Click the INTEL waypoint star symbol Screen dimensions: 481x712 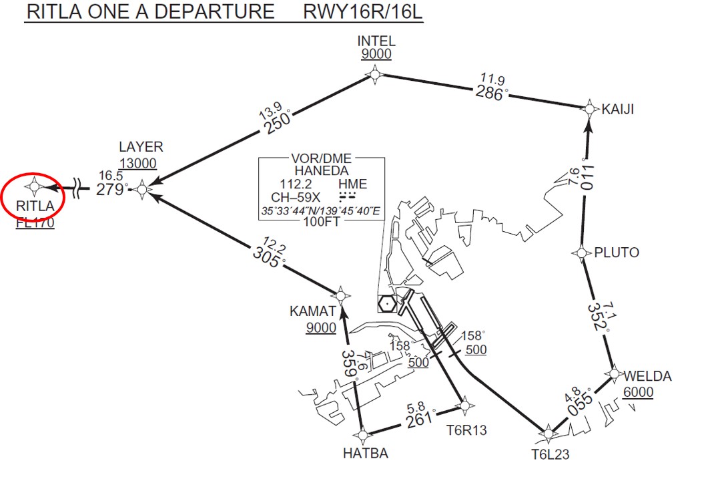(375, 75)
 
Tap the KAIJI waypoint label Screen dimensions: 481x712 (617, 110)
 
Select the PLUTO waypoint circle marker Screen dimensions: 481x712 (581, 253)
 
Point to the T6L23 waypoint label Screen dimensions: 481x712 (550, 455)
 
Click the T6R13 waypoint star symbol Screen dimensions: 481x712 (465, 404)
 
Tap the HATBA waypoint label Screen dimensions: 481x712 (366, 454)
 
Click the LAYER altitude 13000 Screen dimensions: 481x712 (138, 164)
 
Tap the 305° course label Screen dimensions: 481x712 (269, 256)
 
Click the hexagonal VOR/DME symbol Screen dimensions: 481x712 (386, 304)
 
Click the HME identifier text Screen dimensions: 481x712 (352, 185)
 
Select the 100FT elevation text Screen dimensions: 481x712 (321, 223)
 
